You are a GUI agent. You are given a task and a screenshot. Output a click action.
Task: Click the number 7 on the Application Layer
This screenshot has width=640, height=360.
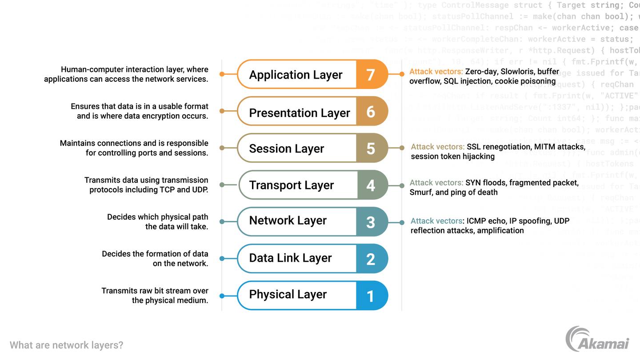(x=371, y=75)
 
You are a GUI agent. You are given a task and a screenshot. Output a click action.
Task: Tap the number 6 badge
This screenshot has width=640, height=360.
(x=371, y=112)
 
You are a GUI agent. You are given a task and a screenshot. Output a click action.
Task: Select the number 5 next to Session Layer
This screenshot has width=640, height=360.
(x=371, y=148)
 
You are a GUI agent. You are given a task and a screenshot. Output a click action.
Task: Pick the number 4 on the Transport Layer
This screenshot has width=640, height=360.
(x=371, y=185)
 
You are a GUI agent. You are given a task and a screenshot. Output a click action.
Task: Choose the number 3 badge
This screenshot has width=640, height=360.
(x=371, y=222)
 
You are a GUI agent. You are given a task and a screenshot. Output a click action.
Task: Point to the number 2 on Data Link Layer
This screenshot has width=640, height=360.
(x=371, y=259)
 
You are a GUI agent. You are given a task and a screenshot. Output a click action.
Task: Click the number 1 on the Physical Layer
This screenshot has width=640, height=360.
(x=371, y=296)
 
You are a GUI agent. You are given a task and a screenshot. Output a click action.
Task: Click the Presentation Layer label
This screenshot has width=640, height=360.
(x=299, y=113)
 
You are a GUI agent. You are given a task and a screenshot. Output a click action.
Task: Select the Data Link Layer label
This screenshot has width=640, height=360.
(x=290, y=258)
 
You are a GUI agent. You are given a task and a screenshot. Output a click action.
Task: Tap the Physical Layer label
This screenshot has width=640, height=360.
(x=288, y=294)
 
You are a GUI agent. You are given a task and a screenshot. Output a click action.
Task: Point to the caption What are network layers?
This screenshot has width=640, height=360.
(x=66, y=345)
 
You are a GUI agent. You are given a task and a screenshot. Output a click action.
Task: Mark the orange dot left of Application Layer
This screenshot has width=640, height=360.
(x=222, y=74)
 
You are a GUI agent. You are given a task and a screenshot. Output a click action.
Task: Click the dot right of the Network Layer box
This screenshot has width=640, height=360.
(x=402, y=222)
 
